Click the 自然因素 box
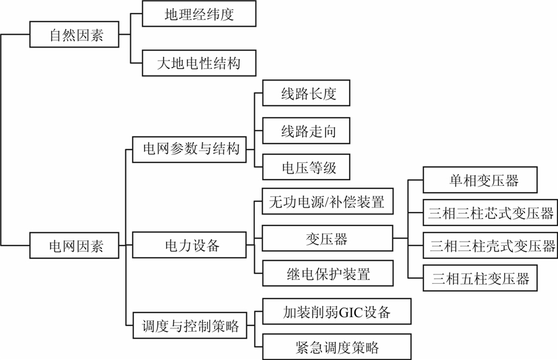(x=75, y=35)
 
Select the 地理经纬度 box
(x=199, y=14)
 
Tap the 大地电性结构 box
(x=199, y=63)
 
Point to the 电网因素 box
(x=75, y=245)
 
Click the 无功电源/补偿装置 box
(x=327, y=202)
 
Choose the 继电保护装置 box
(x=327, y=273)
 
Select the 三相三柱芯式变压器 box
(x=492, y=214)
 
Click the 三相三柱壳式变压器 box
(x=492, y=247)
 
